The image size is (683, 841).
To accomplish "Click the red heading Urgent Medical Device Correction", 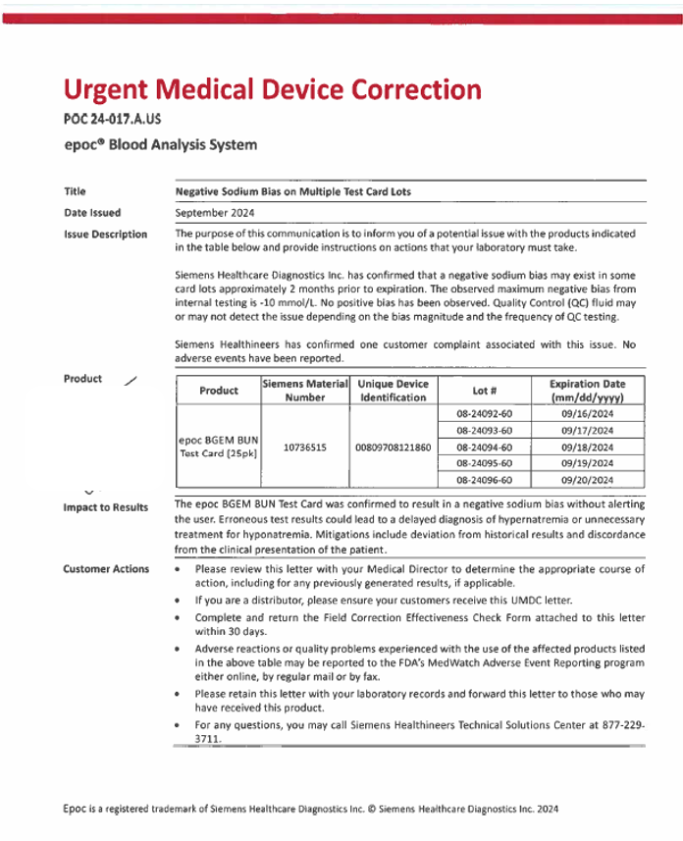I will coord(272,90).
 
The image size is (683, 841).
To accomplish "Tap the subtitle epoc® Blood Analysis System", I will coord(159,145).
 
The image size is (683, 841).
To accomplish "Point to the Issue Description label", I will coord(106,235).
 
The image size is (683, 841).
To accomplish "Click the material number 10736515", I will coord(305,447).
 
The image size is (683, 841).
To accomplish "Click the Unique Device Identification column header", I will coord(393,391).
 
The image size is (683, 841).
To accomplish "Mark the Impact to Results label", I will coord(106,507).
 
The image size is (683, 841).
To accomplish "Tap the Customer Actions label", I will coord(106,569).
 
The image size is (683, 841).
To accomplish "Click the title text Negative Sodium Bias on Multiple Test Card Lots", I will coord(292,191).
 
